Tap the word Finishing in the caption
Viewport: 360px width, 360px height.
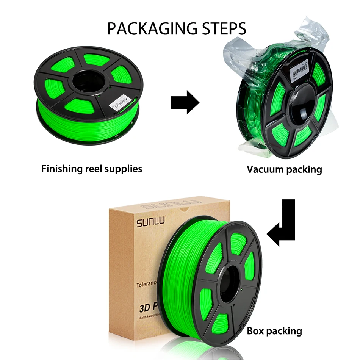pyautogui.click(x=61, y=168)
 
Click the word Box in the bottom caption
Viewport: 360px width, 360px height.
pyautogui.click(x=256, y=331)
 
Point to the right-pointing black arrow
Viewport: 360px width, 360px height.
pyautogui.click(x=185, y=102)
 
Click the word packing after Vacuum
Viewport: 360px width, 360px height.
pyautogui.click(x=304, y=169)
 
